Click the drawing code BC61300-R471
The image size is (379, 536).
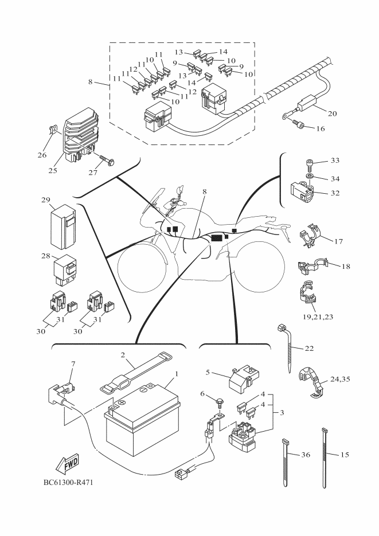(x=67, y=482)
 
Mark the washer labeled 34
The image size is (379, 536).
(x=310, y=177)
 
